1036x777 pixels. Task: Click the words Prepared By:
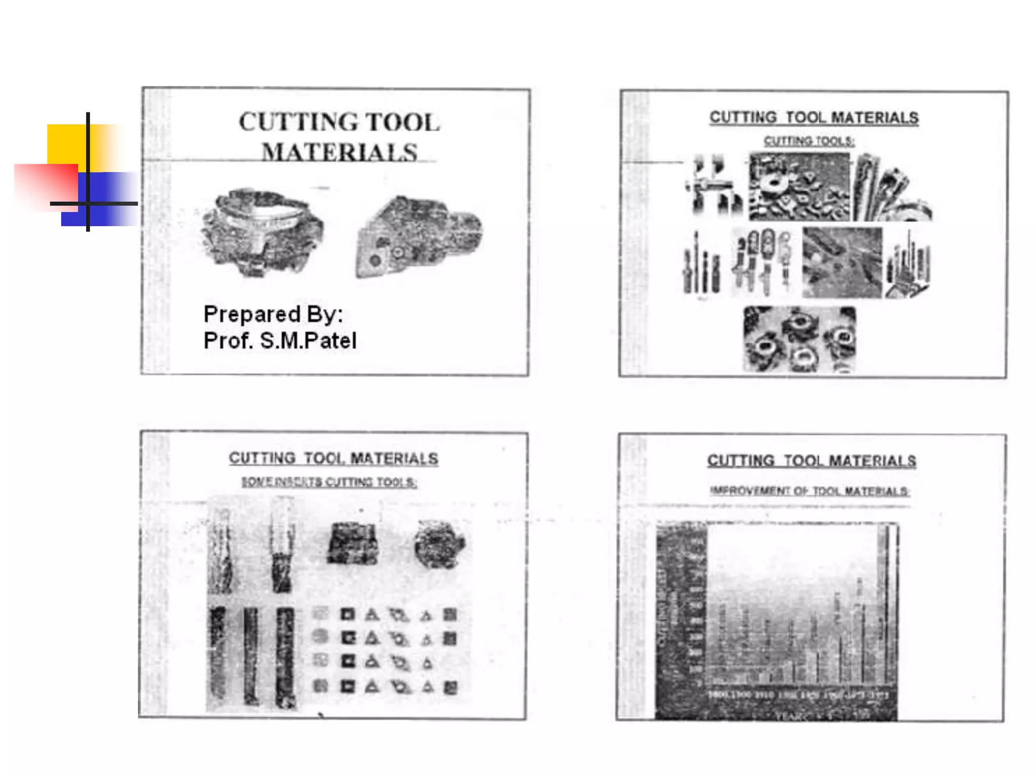(x=273, y=314)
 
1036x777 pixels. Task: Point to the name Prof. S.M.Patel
(x=280, y=340)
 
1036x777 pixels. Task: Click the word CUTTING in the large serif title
(x=298, y=122)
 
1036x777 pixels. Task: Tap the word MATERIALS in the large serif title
(x=339, y=152)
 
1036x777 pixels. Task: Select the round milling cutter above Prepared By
(x=262, y=232)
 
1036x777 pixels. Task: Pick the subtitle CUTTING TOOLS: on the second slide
(x=809, y=141)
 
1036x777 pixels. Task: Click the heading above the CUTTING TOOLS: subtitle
(x=813, y=118)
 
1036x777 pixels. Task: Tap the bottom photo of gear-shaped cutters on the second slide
(x=800, y=339)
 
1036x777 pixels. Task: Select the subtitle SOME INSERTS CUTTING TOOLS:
(x=329, y=482)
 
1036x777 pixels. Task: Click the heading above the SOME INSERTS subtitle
(x=333, y=458)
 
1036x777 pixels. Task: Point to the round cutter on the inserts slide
(x=439, y=544)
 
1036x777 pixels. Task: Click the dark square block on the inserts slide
(x=353, y=544)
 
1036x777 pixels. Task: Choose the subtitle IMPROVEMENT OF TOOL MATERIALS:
(x=809, y=491)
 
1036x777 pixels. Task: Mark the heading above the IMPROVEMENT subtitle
(x=811, y=461)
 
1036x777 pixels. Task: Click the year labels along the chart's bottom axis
(x=798, y=695)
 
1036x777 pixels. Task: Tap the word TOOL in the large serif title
(x=403, y=122)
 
